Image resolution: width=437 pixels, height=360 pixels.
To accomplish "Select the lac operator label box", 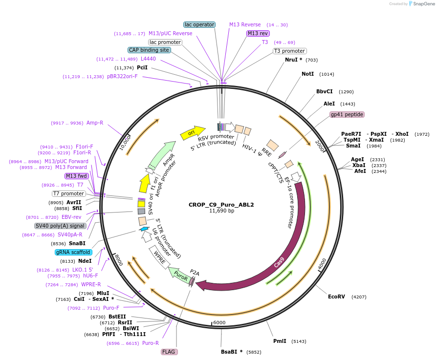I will pyautogui.click(x=199, y=24).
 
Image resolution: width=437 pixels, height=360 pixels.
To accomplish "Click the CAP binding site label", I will pyautogui.click(x=149, y=50).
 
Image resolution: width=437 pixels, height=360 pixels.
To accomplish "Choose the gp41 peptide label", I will pyautogui.click(x=347, y=114).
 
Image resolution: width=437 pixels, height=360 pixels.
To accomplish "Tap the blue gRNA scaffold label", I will pyautogui.click(x=73, y=252).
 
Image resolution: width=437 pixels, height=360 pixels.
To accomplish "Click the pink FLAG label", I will pyautogui.click(x=169, y=352).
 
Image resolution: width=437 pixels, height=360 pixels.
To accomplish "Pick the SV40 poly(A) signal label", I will pyautogui.click(x=60, y=226).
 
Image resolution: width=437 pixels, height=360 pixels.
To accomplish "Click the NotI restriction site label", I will pyautogui.click(x=307, y=74).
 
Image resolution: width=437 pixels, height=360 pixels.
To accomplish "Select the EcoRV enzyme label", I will pyautogui.click(x=336, y=296).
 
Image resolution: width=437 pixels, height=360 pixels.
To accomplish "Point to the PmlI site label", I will pyautogui.click(x=280, y=341).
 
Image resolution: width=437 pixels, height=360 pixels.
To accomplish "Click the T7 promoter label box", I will pyautogui.click(x=69, y=193).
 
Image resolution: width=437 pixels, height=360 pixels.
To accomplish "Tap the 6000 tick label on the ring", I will pyautogui.click(x=219, y=322).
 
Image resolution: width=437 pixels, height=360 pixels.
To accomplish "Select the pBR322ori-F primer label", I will pyautogui.click(x=122, y=76).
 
